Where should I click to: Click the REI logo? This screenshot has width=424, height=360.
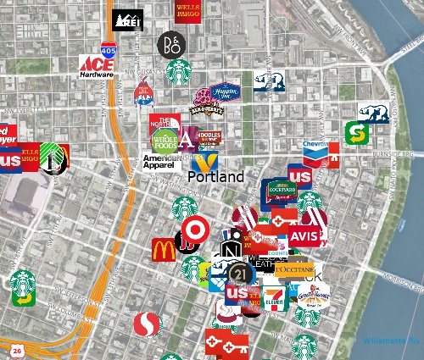point(128,19)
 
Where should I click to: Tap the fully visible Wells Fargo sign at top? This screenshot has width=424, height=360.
point(187,11)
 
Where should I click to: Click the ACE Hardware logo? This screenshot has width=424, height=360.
point(96,67)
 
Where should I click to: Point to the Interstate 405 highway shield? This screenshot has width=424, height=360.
point(131,52)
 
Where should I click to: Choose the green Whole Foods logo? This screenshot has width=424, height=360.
point(164,140)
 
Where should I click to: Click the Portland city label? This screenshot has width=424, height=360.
point(215,177)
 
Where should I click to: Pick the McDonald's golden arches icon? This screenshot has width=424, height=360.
point(164,250)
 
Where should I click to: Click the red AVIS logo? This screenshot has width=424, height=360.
point(305,235)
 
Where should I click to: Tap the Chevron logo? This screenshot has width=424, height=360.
point(315,151)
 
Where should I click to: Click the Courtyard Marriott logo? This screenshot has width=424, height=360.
point(278,193)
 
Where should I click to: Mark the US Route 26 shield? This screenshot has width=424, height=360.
point(17,349)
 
